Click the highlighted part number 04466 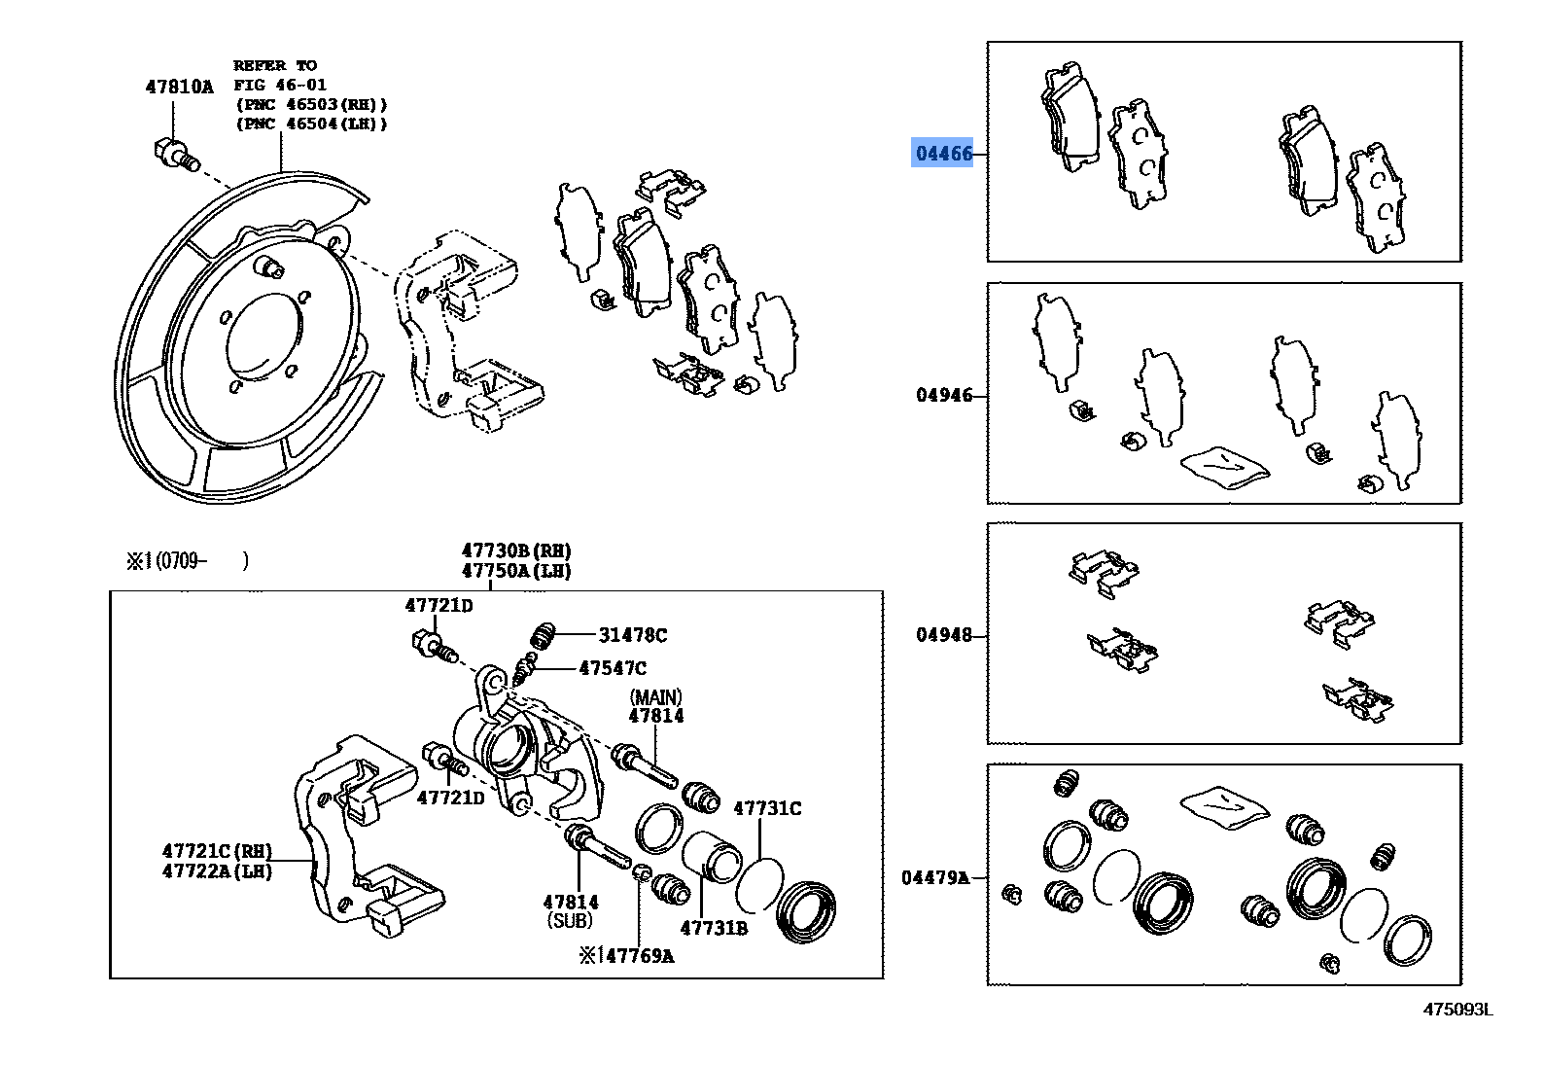click(x=942, y=154)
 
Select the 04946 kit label click(x=943, y=395)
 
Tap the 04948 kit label click(x=943, y=635)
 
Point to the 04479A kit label click(x=935, y=877)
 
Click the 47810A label click(x=179, y=87)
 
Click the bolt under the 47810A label click(x=175, y=154)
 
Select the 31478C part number click(x=632, y=635)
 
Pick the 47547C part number click(x=613, y=668)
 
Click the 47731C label click(x=767, y=808)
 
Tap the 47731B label click(x=714, y=928)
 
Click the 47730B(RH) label click(x=515, y=551)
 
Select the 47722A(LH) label click(x=217, y=871)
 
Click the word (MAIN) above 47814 click(x=656, y=697)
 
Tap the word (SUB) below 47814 click(x=570, y=920)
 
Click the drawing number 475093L click(x=1457, y=1010)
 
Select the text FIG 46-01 click(x=280, y=85)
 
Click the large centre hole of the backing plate click(x=264, y=336)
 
